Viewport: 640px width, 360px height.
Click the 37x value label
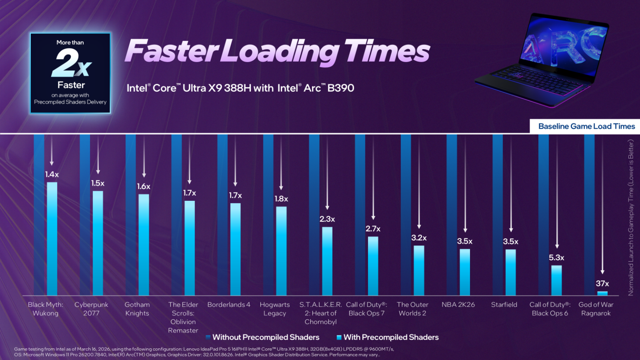tap(602, 284)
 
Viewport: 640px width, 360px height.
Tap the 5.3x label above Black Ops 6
tap(556, 258)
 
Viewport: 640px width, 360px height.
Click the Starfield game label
tap(504, 305)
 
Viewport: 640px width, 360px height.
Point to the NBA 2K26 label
tap(458, 305)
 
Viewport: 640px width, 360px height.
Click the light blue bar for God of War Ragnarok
tap(602, 293)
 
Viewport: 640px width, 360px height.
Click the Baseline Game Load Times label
tap(586, 126)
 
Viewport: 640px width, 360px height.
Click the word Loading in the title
tap(280, 52)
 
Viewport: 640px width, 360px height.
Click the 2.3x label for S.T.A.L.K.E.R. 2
tap(327, 219)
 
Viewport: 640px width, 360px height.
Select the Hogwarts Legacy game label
tap(275, 309)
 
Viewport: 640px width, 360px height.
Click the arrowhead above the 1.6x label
tap(144, 175)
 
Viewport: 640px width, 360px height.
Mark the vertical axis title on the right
tap(631, 217)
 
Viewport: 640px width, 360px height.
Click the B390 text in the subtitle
tap(340, 88)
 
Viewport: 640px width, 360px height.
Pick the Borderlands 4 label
tap(229, 305)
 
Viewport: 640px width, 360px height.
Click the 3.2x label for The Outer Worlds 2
tap(419, 238)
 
